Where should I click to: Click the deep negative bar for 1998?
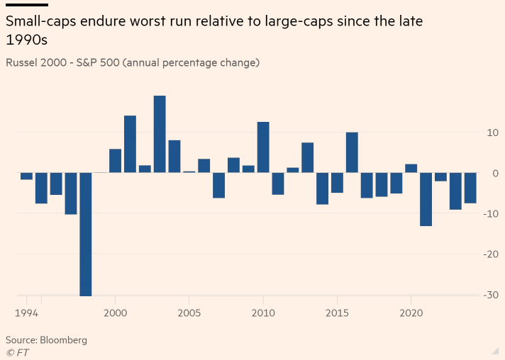coord(86,234)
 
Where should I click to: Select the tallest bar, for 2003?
coord(160,134)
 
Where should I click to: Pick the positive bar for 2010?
coord(263,147)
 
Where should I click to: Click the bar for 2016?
coord(352,152)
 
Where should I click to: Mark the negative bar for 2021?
coord(426,199)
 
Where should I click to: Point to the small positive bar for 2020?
coord(411,169)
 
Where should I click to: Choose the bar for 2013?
coord(307,157)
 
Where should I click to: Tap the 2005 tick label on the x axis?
coord(189,312)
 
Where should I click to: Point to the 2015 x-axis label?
coord(337,312)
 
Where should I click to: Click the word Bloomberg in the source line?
coord(64,340)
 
